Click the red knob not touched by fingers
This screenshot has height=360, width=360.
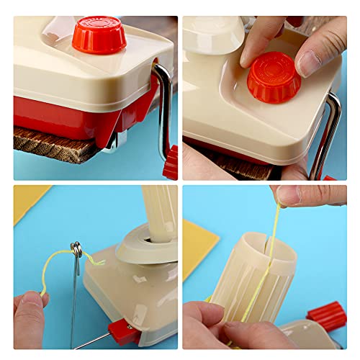[99, 34]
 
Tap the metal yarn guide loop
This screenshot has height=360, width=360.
[77, 250]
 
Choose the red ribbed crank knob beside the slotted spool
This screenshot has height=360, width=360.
[327, 317]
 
